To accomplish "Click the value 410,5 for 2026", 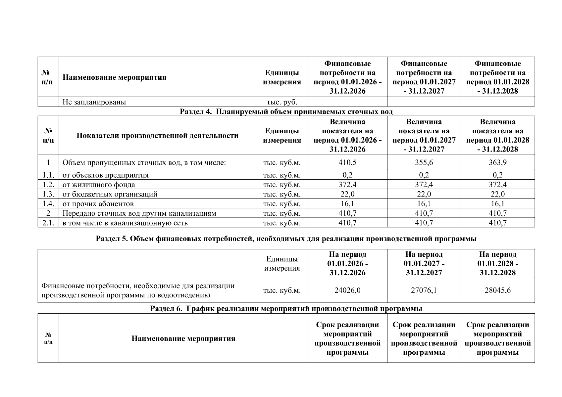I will point(347,162).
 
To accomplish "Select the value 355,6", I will point(424,162).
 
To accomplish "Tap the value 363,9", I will point(497,162).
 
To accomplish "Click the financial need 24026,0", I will point(347,290).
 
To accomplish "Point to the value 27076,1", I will point(424,290).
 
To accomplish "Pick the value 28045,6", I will point(497,290).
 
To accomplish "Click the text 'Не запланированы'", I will point(94,102).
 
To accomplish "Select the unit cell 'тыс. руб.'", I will point(282,102).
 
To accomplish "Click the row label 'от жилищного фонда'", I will point(99,185).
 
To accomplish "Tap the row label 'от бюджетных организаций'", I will point(110,194).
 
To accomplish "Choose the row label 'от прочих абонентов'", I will point(98,204).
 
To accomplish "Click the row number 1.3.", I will point(48,194).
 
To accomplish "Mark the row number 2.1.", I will point(48,223).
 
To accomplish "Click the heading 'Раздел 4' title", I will point(286,111).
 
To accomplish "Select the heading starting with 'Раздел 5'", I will point(286,239).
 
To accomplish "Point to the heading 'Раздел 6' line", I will point(286,309).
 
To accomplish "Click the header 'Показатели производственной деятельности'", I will point(157,136).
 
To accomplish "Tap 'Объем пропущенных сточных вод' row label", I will point(144,162).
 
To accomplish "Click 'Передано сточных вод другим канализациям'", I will point(139,213).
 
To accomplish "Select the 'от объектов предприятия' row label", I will point(105,175).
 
